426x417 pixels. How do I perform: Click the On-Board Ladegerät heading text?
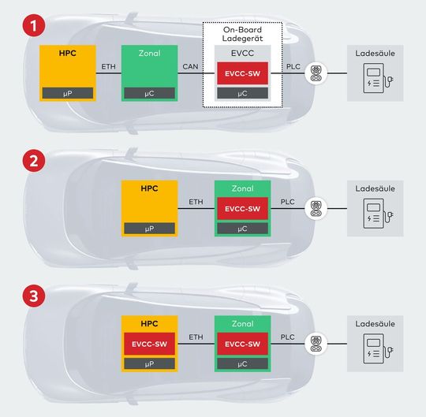coord(242,34)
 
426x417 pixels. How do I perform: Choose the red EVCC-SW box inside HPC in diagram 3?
coord(149,344)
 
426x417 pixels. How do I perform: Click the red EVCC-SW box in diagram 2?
coord(242,208)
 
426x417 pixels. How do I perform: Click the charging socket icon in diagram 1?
coord(316,73)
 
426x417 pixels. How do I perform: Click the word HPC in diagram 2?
coord(149,190)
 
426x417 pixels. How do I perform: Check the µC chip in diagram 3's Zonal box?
coord(242,364)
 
